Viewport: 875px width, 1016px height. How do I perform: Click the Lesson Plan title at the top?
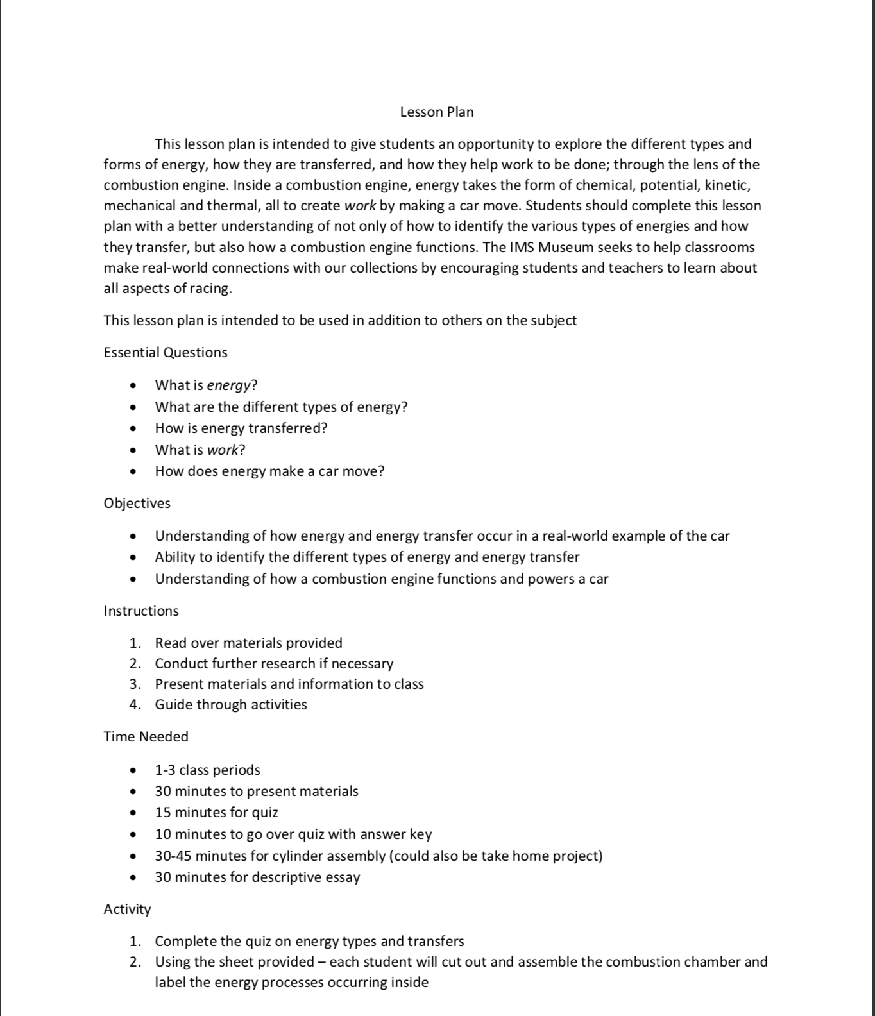coord(437,112)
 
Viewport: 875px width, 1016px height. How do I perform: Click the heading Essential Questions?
coord(166,353)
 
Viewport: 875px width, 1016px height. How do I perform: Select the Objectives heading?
coord(137,504)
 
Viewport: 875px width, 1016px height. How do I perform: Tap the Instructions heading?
coord(141,611)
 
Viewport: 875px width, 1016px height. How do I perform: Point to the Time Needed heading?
coord(146,737)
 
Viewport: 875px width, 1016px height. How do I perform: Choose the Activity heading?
coord(128,910)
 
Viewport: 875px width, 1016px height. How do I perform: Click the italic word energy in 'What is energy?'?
coord(228,385)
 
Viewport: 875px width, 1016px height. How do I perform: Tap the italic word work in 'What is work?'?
coord(223,450)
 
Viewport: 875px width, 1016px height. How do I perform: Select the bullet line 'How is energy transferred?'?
coord(241,428)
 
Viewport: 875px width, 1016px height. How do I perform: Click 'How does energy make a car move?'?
coord(269,471)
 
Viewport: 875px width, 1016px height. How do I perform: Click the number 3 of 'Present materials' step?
coord(134,684)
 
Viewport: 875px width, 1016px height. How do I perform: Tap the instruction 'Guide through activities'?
coord(231,705)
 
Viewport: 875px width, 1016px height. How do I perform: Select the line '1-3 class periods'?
coord(207,770)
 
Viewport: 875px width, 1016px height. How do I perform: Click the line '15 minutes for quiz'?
coord(216,813)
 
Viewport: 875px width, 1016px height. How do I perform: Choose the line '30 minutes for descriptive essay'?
coord(257,877)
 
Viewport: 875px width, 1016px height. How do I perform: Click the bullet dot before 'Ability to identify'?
coord(133,557)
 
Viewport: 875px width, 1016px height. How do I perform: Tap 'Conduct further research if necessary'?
coord(274,664)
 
